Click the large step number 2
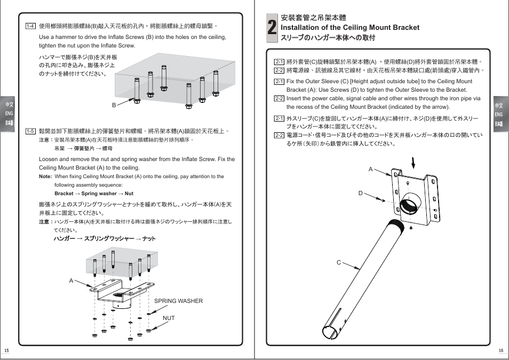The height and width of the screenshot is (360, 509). (x=272, y=27)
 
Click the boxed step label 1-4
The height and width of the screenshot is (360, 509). (x=30, y=26)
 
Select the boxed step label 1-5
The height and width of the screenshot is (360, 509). (x=30, y=131)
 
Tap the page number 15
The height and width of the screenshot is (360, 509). (x=6, y=350)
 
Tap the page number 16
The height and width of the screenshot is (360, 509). (x=501, y=350)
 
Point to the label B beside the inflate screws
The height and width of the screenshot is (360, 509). (x=114, y=105)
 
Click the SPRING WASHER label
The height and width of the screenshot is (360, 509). (x=178, y=301)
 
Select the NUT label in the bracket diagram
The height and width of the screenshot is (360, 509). (x=169, y=318)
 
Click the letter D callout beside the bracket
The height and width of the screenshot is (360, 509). (x=360, y=193)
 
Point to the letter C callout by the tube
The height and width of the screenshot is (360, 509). (x=338, y=262)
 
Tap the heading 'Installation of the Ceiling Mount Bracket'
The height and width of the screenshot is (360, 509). (x=349, y=27)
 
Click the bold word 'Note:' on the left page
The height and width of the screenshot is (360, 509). (x=45, y=177)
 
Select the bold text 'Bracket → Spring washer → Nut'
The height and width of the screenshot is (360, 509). (x=94, y=194)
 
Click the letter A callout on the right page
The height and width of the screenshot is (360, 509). (x=370, y=169)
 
